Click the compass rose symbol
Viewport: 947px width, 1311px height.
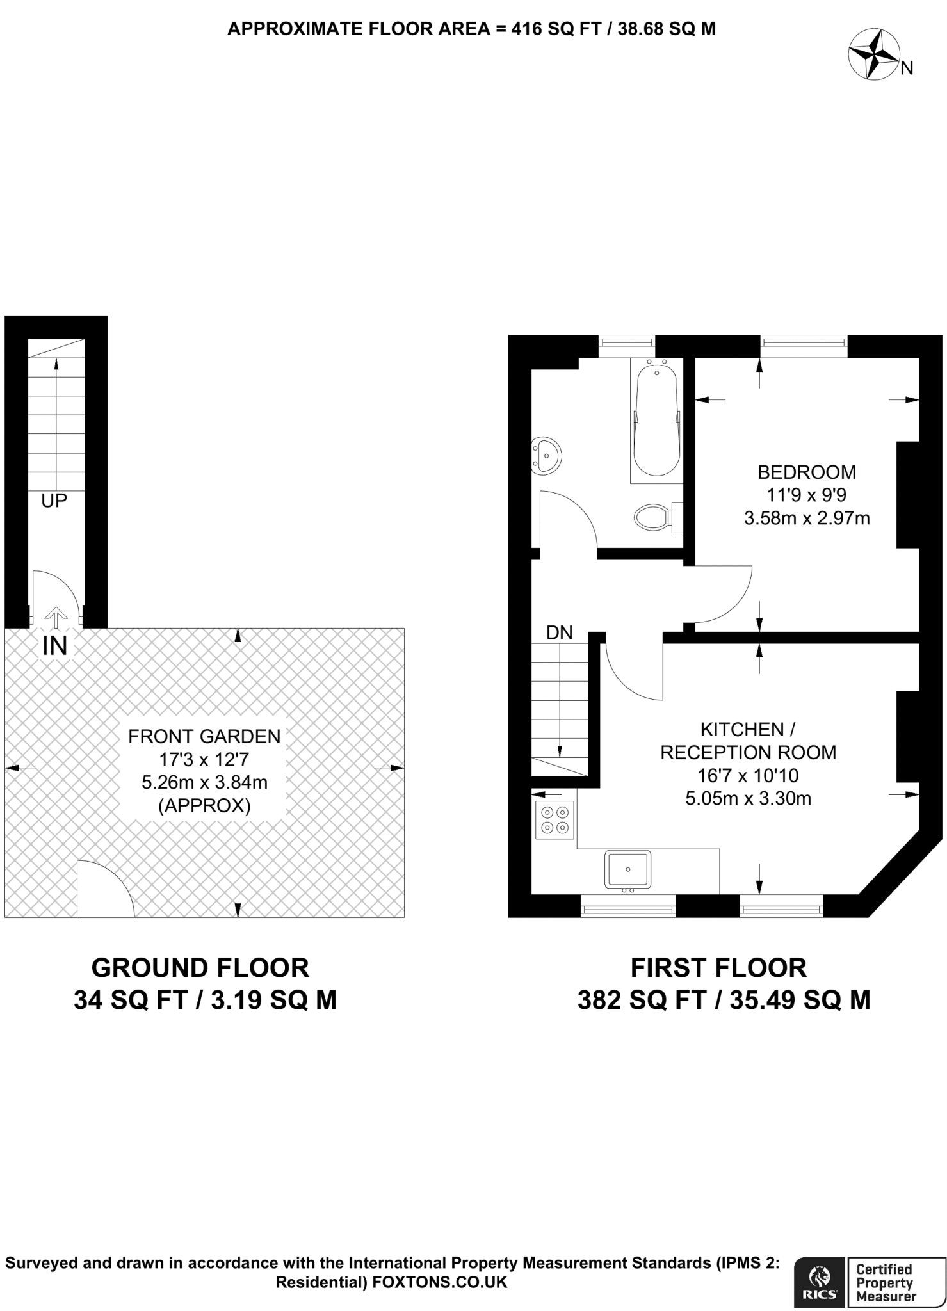click(873, 56)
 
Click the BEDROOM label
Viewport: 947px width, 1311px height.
click(807, 472)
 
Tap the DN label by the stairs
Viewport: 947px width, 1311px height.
click(559, 633)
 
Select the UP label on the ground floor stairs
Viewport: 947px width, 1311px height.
click(54, 501)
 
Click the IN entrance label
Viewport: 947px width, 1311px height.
click(54, 646)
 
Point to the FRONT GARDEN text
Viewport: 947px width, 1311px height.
click(204, 736)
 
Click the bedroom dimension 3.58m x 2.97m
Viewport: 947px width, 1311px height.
click(807, 518)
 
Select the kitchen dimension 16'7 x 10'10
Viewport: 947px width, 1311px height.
click(748, 776)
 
